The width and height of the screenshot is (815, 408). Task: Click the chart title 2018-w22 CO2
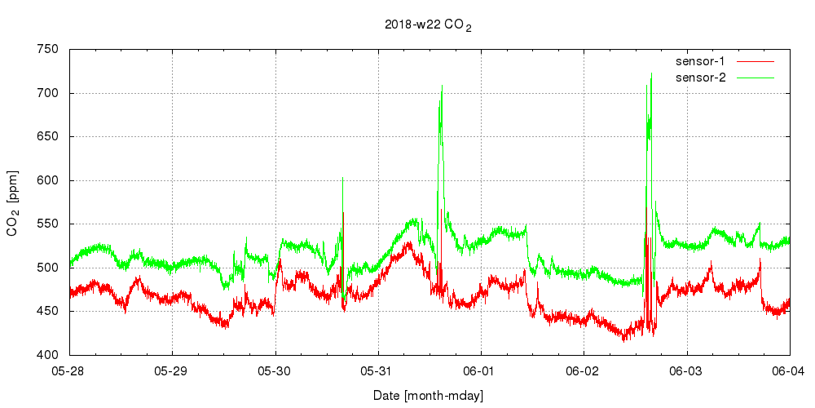coord(428,25)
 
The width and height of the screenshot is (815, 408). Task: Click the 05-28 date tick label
coord(70,371)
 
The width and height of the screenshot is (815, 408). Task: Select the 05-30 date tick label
coord(275,371)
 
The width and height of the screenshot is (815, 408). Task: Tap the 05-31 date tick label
coord(378,371)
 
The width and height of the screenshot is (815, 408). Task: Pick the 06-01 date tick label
coord(481,371)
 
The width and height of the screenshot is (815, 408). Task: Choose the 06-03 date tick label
coord(687,371)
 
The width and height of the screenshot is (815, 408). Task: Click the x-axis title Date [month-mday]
coord(430,396)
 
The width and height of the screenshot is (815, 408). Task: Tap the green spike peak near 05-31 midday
coord(442,85)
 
